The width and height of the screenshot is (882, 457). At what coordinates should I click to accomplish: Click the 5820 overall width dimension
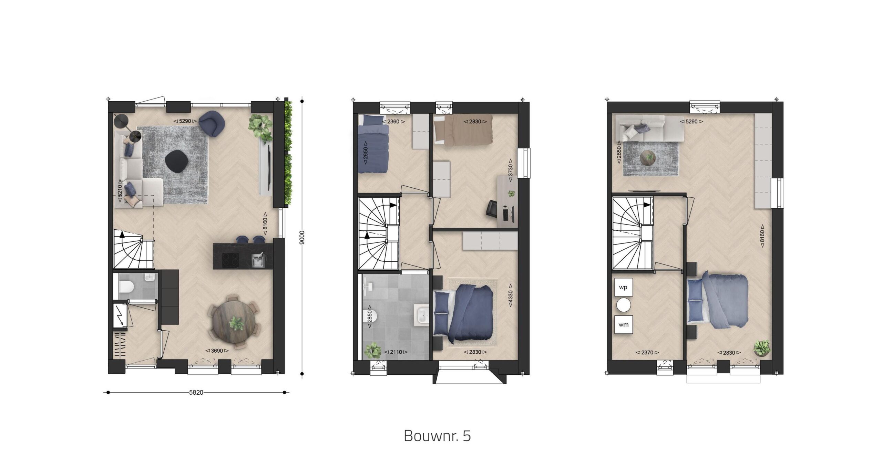point(196,392)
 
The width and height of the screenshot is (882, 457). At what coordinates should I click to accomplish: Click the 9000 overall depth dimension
point(302,237)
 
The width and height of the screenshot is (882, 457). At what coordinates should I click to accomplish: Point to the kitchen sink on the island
point(258,260)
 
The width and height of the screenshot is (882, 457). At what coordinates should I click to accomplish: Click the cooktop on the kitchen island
point(231,260)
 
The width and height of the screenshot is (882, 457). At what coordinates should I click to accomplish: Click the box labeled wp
point(624,287)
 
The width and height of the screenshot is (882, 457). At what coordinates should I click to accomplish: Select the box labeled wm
point(624,324)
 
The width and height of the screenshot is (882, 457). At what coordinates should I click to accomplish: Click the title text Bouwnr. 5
point(437,436)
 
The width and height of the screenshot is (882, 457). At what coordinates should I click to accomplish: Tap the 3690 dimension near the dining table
point(217,351)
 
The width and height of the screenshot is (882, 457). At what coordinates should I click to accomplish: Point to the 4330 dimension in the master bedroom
point(511,295)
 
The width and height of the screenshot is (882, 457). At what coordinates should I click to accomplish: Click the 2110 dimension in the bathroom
point(396,352)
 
